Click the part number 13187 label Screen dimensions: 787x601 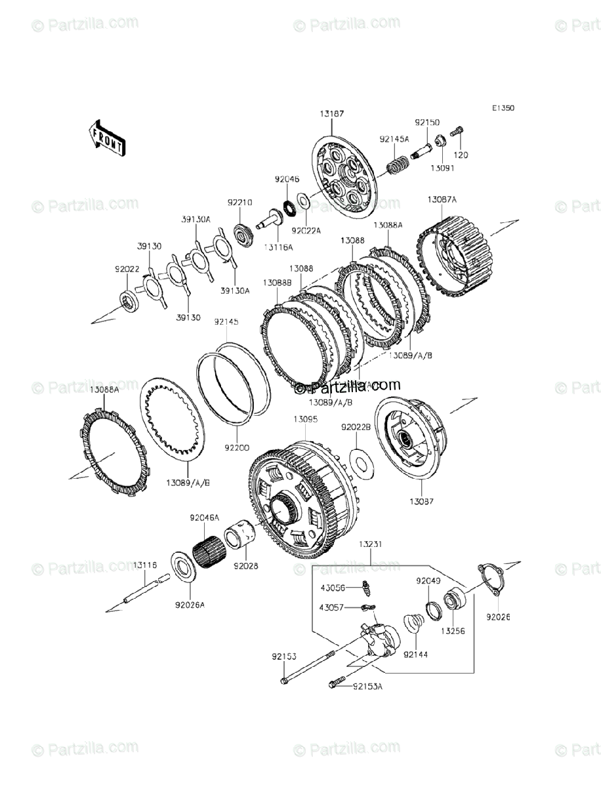click(332, 113)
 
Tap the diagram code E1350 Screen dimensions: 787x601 click(505, 108)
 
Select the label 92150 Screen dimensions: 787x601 click(426, 123)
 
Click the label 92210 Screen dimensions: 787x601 click(240, 203)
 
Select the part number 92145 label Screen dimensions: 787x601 click(226, 322)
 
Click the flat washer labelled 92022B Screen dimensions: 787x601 click(360, 461)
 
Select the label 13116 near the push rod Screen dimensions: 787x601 click(146, 564)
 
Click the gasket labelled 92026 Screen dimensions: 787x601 click(491, 577)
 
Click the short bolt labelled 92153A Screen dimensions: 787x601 click(335, 685)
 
